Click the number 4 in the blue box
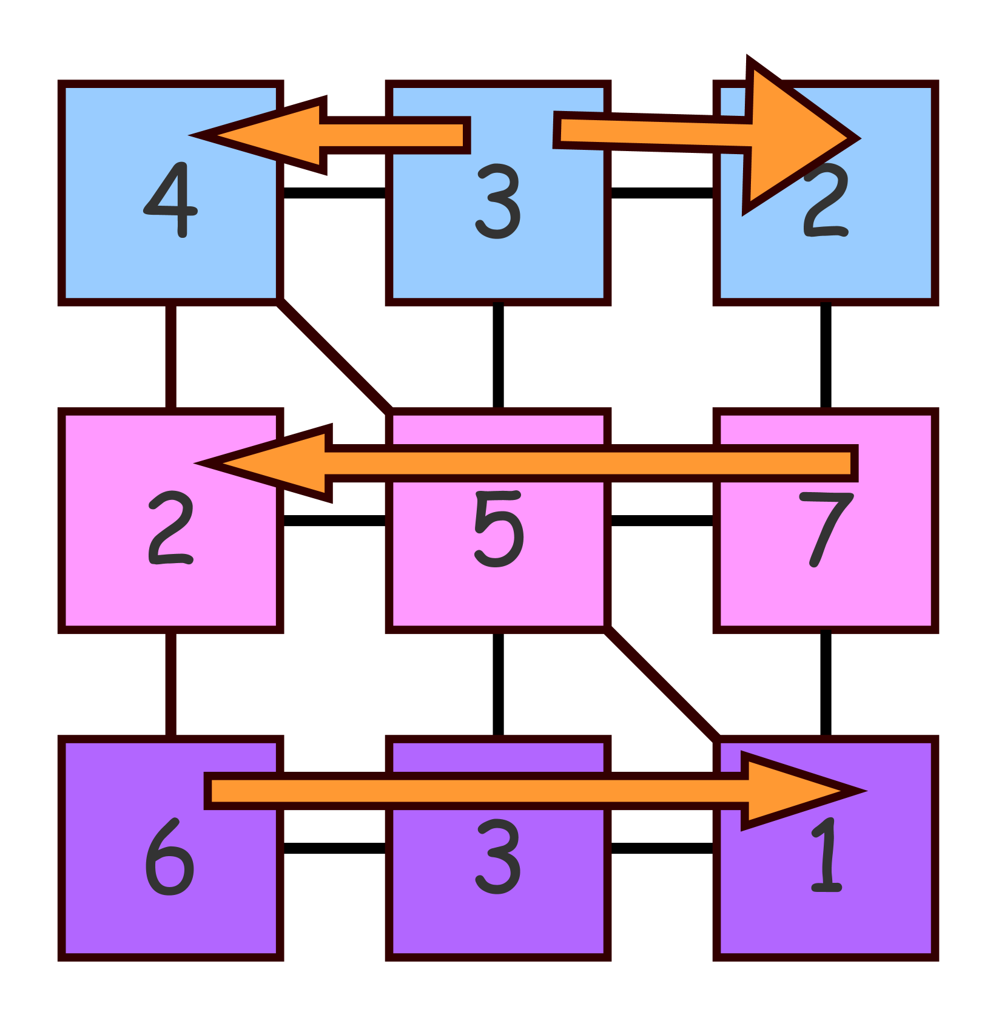171,200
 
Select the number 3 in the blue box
498,202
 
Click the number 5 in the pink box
498,529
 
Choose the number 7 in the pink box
826,529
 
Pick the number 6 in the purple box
170,857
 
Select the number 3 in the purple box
498,857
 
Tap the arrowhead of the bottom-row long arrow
801,791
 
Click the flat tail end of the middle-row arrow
853,464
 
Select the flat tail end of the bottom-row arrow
209,791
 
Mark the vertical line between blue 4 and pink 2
171,357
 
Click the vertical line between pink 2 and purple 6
171,684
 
